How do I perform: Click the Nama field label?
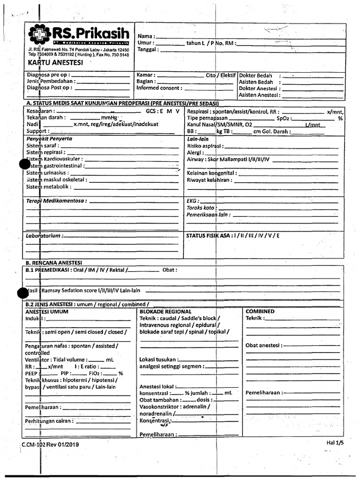point(146,36)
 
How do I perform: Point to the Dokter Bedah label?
point(255,75)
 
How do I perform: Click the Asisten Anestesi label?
point(259,95)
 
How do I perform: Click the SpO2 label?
point(284,119)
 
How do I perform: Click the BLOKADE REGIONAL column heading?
point(165,311)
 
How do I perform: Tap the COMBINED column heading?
point(260,311)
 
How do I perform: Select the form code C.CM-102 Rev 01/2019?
point(51,445)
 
